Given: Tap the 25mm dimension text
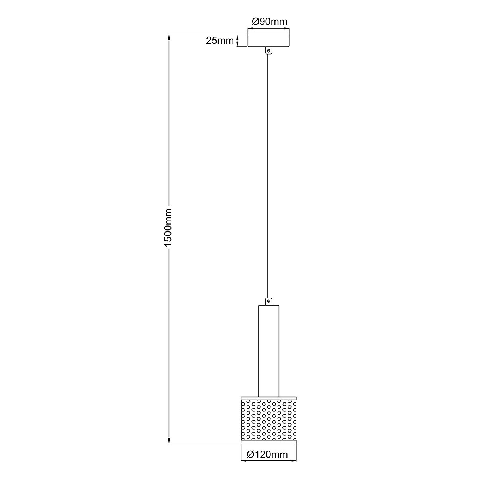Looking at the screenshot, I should point(219,41).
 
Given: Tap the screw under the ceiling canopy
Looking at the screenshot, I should point(269,51).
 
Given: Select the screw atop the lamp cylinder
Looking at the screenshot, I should point(269,301).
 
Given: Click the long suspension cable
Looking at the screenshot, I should point(269,175).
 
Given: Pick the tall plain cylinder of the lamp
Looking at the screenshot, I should point(269,351).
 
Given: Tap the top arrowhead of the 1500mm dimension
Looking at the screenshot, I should point(169,38).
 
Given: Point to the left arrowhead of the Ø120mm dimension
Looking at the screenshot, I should point(243,461).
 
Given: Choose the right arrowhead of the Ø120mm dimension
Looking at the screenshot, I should point(295,461).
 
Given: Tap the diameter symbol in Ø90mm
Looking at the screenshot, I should point(257,22).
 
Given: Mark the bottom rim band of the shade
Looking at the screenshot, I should point(269,441).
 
